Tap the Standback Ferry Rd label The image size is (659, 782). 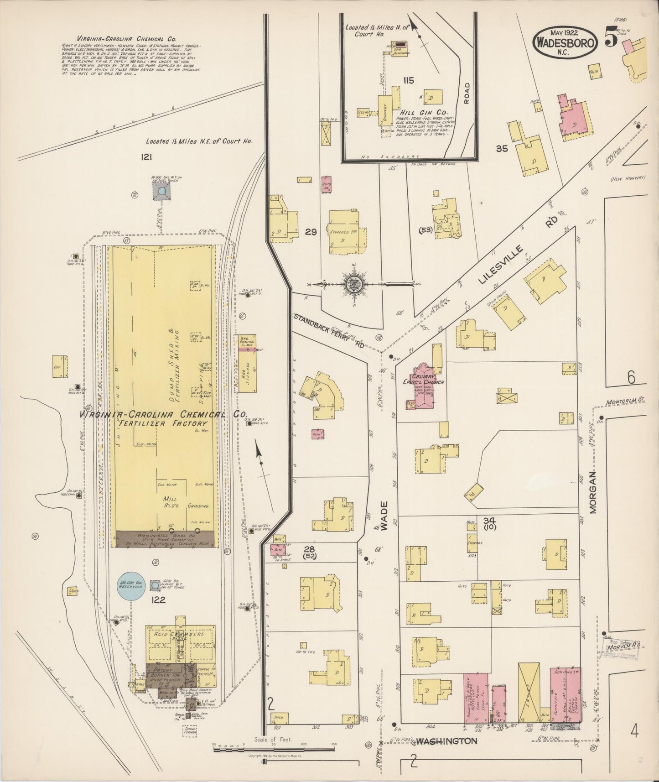click(328, 331)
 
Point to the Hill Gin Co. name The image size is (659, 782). click(424, 112)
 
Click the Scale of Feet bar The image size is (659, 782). click(274, 749)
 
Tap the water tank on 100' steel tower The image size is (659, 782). click(161, 192)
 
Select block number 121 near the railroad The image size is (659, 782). click(146, 157)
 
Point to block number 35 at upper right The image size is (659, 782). click(502, 148)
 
